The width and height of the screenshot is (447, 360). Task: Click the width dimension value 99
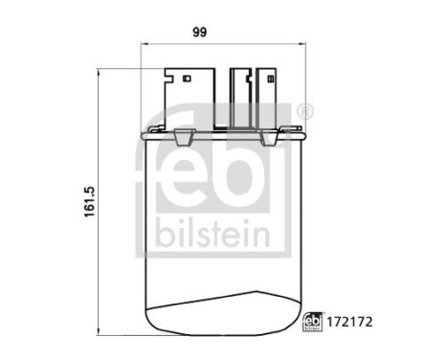pyautogui.click(x=200, y=32)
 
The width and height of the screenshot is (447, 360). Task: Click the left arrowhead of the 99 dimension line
pyautogui.click(x=144, y=44)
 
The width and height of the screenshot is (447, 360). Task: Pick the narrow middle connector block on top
pyautogui.click(x=238, y=96)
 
